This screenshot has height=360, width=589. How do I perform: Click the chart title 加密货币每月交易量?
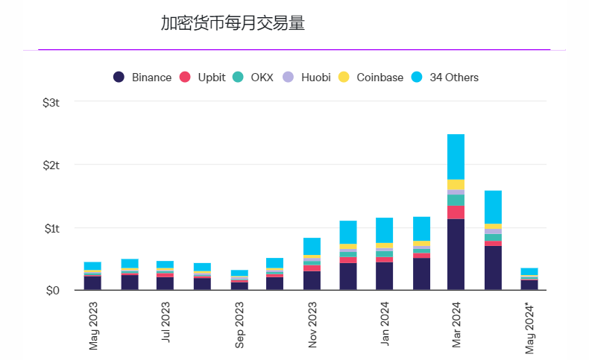coord(233,23)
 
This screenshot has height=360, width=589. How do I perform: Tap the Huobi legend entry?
coord(311,78)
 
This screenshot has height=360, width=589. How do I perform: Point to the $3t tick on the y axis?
coord(51,102)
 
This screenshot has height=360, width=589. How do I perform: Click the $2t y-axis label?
coord(51,165)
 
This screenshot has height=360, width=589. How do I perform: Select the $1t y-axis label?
coord(51,227)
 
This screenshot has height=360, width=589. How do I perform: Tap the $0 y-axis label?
coord(53,290)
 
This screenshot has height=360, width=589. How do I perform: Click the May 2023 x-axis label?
coord(93,325)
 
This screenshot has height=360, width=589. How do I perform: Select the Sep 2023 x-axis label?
coord(239,325)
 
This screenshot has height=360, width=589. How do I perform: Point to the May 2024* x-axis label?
coord(529,327)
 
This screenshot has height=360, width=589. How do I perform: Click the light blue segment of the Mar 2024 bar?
coord(456,157)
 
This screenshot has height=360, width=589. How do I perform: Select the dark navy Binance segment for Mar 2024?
coord(456,254)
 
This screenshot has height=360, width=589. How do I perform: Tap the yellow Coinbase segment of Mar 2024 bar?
coord(456,184)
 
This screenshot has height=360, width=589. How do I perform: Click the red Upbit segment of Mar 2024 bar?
coord(456,212)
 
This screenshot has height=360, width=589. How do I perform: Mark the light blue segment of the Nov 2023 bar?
coord(312,246)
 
